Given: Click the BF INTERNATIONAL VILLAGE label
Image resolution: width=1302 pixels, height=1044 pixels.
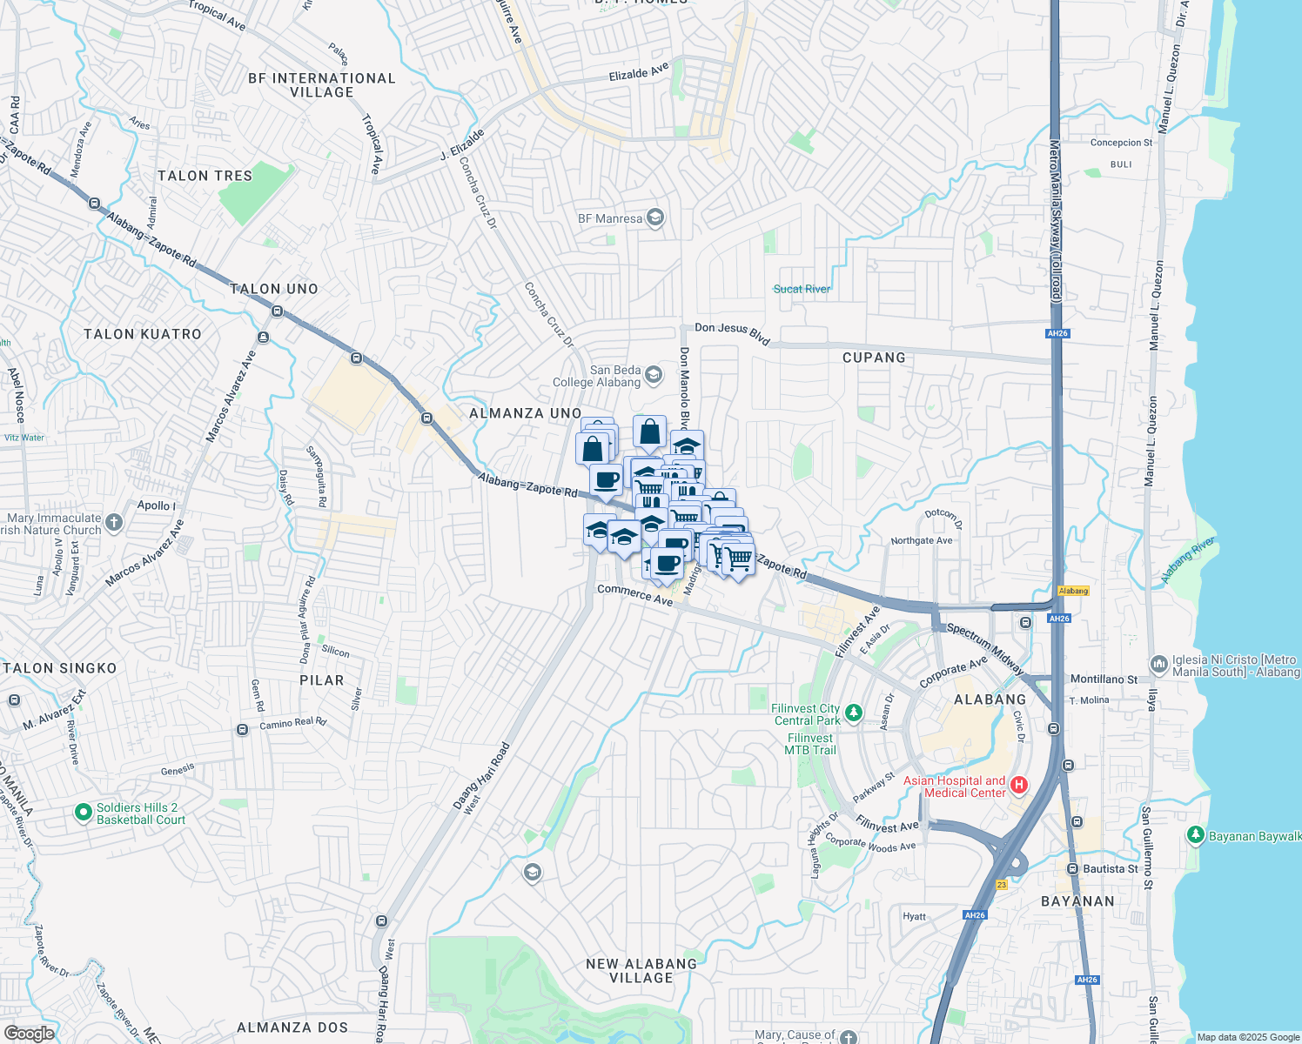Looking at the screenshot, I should (x=322, y=85).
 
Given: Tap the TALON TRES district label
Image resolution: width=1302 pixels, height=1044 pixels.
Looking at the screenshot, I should (x=205, y=176).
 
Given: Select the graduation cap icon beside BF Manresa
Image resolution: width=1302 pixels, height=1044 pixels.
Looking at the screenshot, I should (x=655, y=217).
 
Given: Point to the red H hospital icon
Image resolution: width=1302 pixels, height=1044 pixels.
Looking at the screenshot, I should (x=1018, y=786).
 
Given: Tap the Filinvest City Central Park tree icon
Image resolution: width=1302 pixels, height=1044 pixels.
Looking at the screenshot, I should (x=854, y=713).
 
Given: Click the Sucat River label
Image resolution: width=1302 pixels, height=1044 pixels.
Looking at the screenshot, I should (x=802, y=289).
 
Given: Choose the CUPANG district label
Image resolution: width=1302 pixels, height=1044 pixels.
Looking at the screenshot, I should (x=874, y=358).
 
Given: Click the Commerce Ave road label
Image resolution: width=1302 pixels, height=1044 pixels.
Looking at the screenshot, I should (x=634, y=595).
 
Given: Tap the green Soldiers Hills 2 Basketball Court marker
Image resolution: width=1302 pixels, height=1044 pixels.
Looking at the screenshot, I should (x=84, y=813).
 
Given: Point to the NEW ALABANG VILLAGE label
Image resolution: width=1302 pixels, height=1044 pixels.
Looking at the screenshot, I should (x=641, y=971).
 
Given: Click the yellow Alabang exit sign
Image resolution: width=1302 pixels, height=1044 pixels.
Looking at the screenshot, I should (x=1073, y=591).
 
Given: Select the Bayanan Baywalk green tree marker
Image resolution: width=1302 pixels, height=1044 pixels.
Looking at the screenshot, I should (x=1196, y=835).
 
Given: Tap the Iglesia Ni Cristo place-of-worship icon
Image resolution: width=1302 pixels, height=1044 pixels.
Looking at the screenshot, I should (x=1158, y=665).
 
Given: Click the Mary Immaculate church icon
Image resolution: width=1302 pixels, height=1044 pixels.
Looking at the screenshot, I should (x=114, y=523).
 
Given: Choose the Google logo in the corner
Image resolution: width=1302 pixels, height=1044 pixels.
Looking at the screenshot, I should (x=29, y=1033).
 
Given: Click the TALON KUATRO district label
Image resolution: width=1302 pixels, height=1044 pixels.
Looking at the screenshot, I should (x=143, y=334).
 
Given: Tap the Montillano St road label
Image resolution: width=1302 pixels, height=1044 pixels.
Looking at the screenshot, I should (x=1104, y=679).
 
